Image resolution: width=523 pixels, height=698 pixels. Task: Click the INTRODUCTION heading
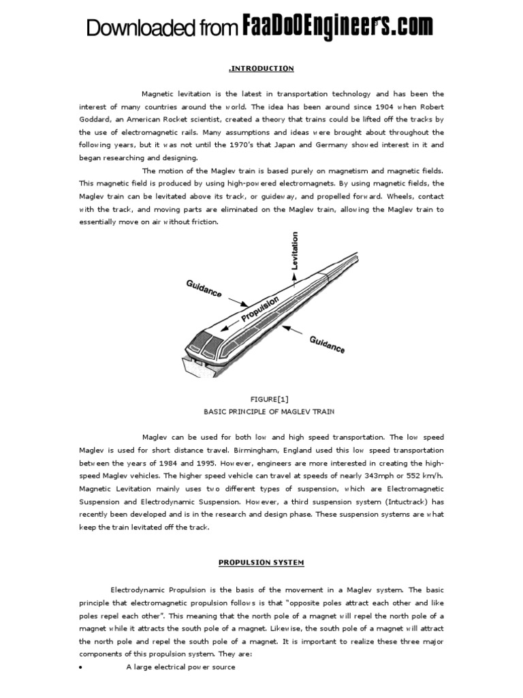(x=261, y=68)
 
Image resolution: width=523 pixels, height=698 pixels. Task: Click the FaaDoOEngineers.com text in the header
(x=338, y=27)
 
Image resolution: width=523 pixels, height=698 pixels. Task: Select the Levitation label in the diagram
(x=295, y=250)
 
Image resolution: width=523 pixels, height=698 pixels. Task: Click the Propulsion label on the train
(x=260, y=307)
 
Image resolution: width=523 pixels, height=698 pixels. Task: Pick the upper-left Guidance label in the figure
(x=204, y=288)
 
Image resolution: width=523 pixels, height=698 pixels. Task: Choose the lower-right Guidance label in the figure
(x=327, y=344)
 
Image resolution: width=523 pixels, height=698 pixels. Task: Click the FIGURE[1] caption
(x=270, y=399)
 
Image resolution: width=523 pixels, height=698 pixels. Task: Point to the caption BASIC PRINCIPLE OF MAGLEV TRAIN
(x=270, y=412)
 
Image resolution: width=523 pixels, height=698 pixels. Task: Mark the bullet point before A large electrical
(x=82, y=667)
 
